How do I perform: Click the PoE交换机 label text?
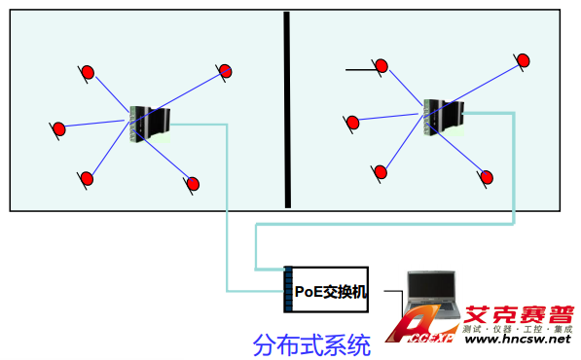pyautogui.click(x=331, y=292)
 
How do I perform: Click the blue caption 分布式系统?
pyautogui.click(x=311, y=345)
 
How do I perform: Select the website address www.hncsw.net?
pyautogui.click(x=518, y=339)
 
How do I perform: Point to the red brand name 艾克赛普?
pyautogui.click(x=519, y=315)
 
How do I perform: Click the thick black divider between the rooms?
pyautogui.click(x=287, y=110)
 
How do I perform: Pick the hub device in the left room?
pyautogui.click(x=150, y=125)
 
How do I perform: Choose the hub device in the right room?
pyautogui.click(x=444, y=117)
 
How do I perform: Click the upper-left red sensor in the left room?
pyautogui.click(x=88, y=73)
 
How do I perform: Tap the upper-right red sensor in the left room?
pyautogui.click(x=225, y=71)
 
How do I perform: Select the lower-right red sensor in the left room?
pyautogui.click(x=193, y=184)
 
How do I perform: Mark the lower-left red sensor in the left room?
pyautogui.click(x=87, y=179)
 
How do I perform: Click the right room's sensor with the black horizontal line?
pyautogui.click(x=381, y=66)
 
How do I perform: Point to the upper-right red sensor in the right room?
pyautogui.click(x=523, y=60)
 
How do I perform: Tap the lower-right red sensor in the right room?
pyautogui.click(x=487, y=177)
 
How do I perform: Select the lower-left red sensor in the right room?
pyautogui.click(x=381, y=172)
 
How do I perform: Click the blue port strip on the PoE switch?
pyautogui.click(x=288, y=289)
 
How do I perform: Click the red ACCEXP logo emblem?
pyautogui.click(x=418, y=324)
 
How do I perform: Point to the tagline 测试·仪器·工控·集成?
pyautogui.click(x=518, y=329)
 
